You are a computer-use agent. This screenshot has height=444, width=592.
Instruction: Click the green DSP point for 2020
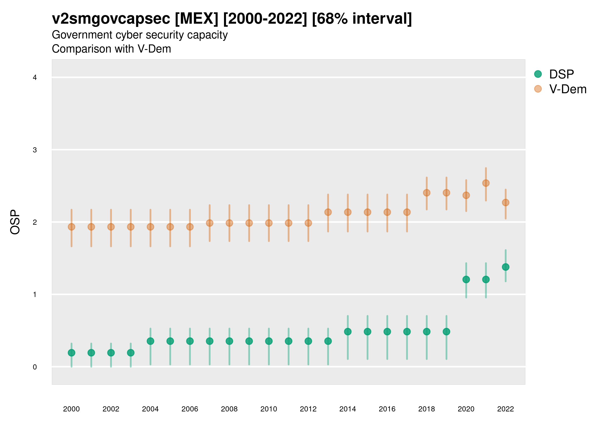(466, 279)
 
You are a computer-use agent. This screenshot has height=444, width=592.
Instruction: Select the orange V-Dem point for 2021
(486, 183)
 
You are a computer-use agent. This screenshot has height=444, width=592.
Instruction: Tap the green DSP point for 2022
(506, 267)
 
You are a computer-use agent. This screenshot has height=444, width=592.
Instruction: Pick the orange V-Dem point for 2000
(72, 227)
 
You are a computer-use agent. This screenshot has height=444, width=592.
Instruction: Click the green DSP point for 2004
(150, 341)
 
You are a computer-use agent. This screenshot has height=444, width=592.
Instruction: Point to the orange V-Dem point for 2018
(426, 193)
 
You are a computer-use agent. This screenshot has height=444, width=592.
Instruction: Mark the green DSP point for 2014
(348, 332)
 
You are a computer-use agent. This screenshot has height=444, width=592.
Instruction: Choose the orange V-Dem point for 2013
(328, 212)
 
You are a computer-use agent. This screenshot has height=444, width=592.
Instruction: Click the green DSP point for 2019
(446, 332)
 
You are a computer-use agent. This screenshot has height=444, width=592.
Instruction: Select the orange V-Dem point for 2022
(506, 202)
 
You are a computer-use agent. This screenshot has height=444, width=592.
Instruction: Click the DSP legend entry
(561, 74)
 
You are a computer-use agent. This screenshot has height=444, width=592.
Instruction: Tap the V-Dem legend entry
(567, 89)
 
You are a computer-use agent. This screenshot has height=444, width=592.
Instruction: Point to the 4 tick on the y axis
(35, 78)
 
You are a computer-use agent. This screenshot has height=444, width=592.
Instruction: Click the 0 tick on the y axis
(35, 367)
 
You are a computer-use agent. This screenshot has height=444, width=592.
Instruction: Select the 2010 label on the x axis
(269, 409)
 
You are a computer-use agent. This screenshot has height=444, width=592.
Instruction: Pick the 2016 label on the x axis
(387, 409)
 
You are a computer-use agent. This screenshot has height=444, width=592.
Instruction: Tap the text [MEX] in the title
(196, 19)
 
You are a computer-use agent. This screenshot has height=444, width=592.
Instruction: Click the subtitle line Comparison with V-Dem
(111, 49)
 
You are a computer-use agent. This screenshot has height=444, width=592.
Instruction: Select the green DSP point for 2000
(72, 353)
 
